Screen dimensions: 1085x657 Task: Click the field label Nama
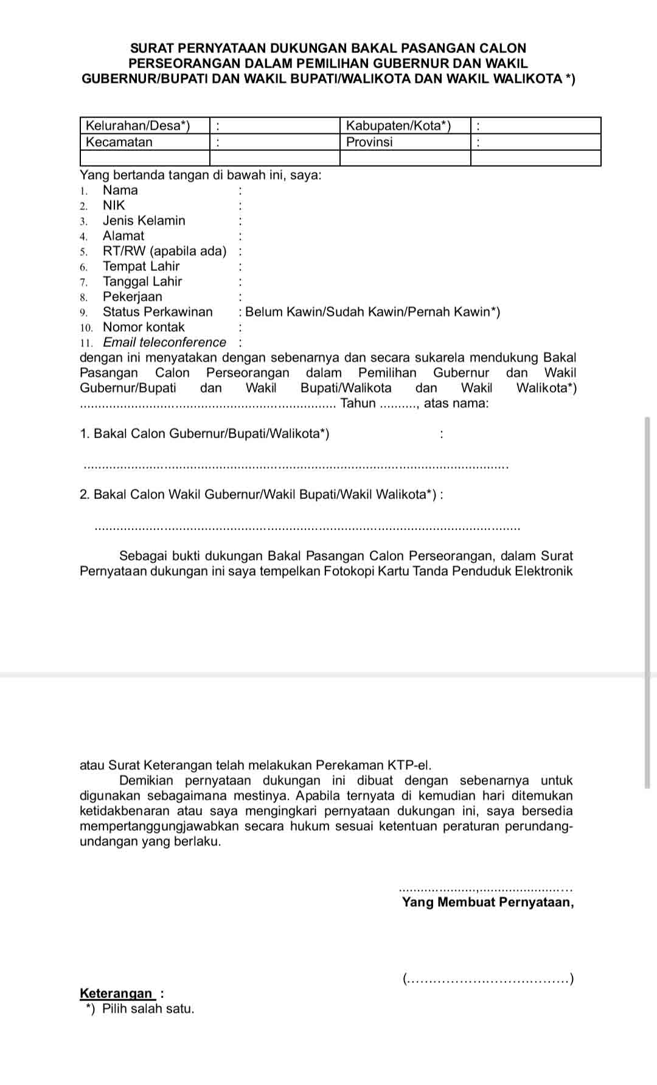point(120,190)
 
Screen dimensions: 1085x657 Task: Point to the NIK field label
point(114,206)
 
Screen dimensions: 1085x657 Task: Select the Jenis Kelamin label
point(144,221)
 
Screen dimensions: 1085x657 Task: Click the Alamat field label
point(123,236)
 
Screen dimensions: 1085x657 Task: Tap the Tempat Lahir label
point(141,267)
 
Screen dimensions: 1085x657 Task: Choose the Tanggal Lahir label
point(142,282)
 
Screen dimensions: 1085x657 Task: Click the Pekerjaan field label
point(133,297)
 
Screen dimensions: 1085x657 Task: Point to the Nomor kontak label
point(144,327)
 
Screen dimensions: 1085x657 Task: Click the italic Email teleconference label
point(164,343)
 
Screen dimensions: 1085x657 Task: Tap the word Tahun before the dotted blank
point(358,403)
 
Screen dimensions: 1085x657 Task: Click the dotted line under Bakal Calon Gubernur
point(295,467)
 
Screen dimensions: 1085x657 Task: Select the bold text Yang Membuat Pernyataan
point(487,902)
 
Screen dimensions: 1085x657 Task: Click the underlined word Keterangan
point(116,994)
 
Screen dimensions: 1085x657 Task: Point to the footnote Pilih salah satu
point(148,1009)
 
